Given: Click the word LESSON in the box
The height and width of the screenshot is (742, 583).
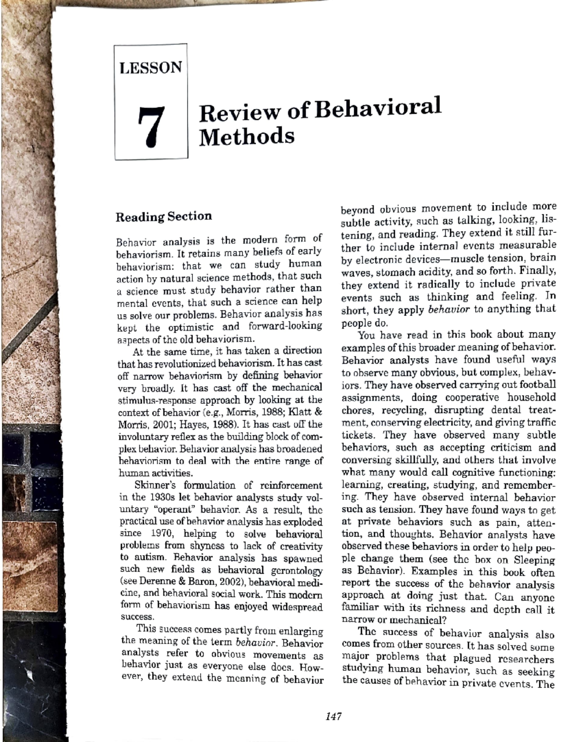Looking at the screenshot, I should coord(151,67).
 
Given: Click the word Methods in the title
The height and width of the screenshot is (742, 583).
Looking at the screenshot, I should coord(247,136).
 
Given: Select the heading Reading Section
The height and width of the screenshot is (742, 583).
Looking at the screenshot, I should coord(164,216).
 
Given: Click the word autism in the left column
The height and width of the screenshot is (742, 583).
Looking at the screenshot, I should coord(138,558).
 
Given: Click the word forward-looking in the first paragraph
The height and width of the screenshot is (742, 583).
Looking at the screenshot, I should coord(285,326).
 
